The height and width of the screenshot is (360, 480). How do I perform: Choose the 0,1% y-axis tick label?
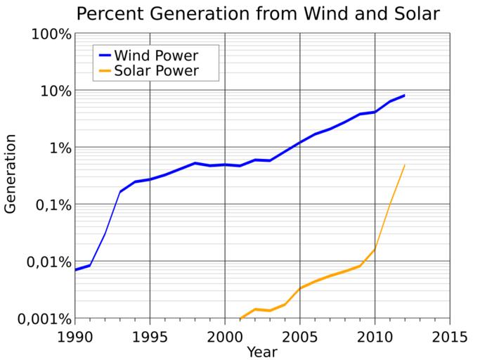[x=51, y=205]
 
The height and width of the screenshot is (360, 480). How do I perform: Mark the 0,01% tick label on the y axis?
[x=46, y=262]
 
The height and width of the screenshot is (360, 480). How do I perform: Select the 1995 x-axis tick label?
[x=149, y=336]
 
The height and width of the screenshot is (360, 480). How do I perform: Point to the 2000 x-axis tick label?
[x=224, y=336]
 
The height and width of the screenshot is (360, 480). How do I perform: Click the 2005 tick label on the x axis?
[x=300, y=336]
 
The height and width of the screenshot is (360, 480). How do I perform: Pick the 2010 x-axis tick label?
[x=375, y=336]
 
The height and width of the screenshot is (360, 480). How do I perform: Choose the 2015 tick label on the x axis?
[x=450, y=336]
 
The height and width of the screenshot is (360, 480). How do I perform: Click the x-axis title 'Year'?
[x=261, y=351]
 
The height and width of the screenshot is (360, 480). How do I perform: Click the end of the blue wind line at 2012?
[x=405, y=95]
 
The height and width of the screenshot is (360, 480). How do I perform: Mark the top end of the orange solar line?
[x=405, y=165]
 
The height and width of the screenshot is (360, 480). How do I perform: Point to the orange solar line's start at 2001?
[x=240, y=319]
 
